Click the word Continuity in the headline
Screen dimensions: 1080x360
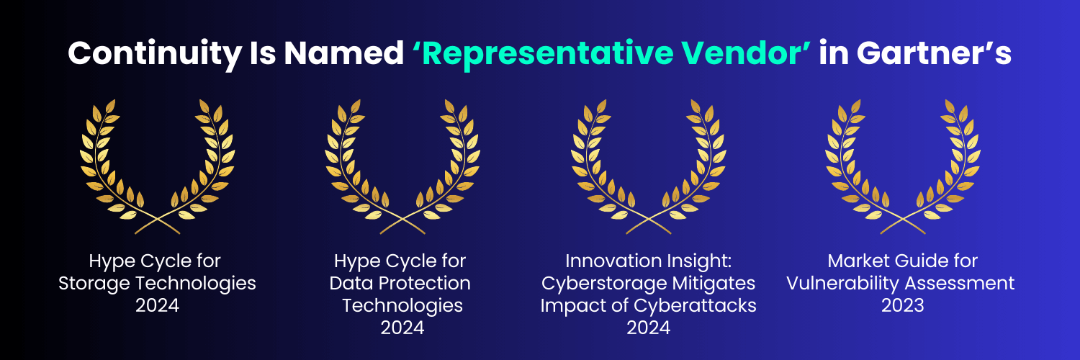[155, 53]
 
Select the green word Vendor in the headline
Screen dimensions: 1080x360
[741, 53]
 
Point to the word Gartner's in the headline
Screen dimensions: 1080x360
[934, 53]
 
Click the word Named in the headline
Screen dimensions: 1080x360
[343, 53]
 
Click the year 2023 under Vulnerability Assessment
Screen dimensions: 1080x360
[903, 305]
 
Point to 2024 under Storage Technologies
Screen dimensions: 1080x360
[157, 305]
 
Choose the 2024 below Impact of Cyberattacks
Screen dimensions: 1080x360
[649, 328]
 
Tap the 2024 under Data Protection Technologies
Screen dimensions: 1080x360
[402, 328]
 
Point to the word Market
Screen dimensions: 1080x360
[857, 261]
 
